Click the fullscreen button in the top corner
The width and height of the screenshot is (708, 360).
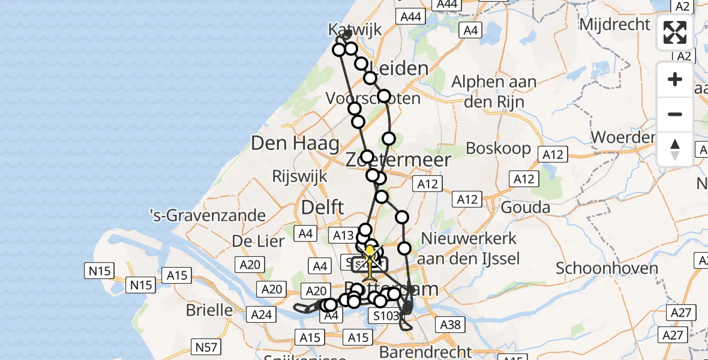(675, 33)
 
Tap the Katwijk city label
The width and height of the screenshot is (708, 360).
(355, 29)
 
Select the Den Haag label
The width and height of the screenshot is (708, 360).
(295, 143)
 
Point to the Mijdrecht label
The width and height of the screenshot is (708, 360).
(614, 25)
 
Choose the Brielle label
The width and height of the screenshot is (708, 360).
(210, 310)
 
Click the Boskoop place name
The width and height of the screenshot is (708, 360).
(499, 148)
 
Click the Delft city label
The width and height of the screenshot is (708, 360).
(323, 208)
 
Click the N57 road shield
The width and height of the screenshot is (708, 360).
(206, 346)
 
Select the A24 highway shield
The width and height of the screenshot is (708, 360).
(260, 314)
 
